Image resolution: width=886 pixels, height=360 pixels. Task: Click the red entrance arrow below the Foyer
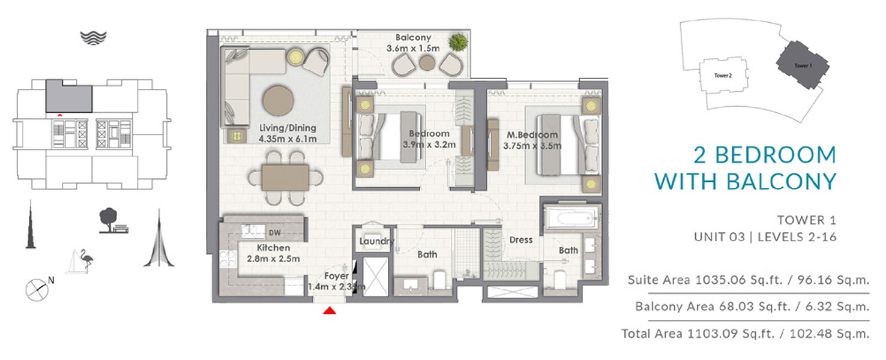[x=330, y=311]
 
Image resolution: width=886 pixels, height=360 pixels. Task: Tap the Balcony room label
[x=414, y=38]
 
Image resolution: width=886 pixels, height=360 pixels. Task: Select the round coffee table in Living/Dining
[x=278, y=100]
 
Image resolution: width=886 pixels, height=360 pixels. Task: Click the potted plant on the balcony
[x=459, y=42]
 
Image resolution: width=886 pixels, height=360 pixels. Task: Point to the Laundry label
[x=376, y=241]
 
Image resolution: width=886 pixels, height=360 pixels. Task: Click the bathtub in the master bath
[x=571, y=218]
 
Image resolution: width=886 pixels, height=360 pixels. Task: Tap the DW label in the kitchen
[x=274, y=233]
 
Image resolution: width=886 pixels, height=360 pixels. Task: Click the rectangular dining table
[x=285, y=178]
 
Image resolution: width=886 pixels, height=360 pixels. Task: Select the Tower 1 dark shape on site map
[x=803, y=65]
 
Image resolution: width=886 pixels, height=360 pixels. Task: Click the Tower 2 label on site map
[x=723, y=76]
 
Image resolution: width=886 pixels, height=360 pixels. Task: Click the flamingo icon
[x=86, y=260]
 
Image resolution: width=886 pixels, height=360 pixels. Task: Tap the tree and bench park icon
[x=113, y=221]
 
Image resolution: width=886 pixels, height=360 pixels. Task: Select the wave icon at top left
[x=94, y=38]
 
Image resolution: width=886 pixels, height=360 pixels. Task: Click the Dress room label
[x=521, y=240]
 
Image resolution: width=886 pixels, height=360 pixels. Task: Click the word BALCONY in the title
[x=781, y=182]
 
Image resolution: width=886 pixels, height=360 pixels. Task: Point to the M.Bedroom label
[x=532, y=135]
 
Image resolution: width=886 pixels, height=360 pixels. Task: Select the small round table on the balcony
[x=427, y=63]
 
